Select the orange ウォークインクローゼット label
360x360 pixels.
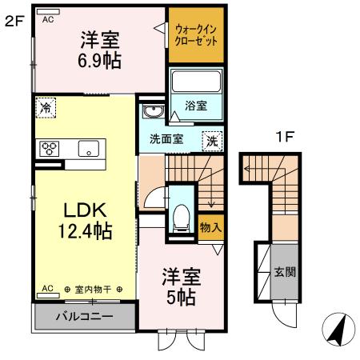coord(196,35)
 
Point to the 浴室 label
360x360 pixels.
coord(195,105)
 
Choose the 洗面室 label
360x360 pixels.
coord(166,138)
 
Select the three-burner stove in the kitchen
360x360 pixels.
coord(50,147)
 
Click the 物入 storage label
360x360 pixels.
coord(210,228)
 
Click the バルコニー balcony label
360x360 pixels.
coord(83,316)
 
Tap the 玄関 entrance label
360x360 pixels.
coord(284,272)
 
